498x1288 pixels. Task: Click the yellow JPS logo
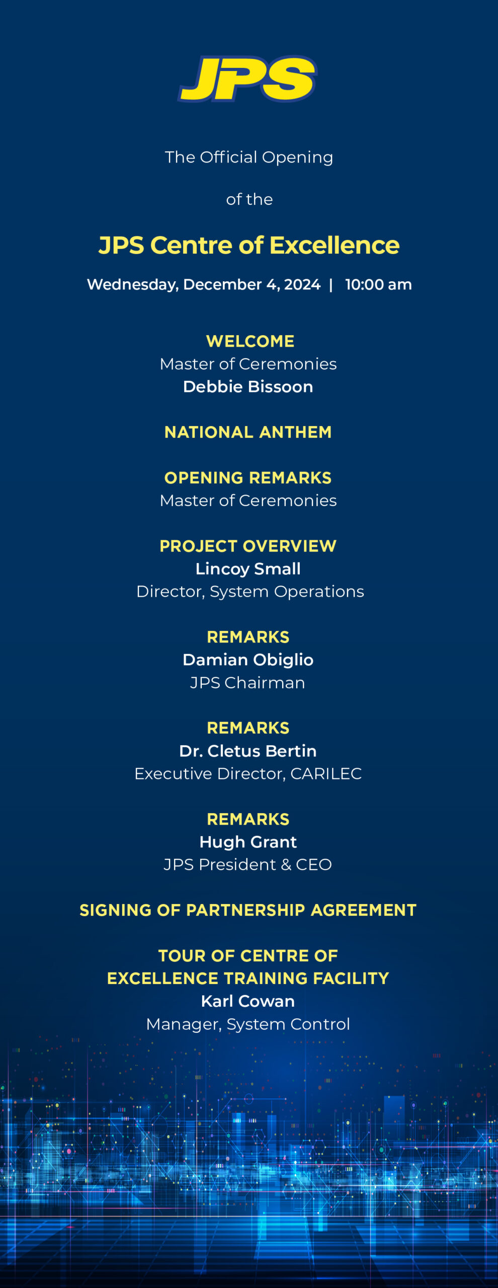(247, 79)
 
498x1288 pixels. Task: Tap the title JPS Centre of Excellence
(249, 246)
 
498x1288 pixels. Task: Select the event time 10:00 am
(378, 285)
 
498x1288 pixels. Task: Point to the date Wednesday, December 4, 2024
(204, 285)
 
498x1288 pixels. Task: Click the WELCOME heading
(250, 341)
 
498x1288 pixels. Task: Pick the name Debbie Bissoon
(248, 386)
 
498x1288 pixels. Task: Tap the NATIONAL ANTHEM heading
(248, 432)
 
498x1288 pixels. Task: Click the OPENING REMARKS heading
(248, 477)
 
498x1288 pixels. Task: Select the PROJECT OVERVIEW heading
(248, 546)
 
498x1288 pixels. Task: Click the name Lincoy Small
(248, 569)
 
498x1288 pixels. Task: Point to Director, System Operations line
(250, 592)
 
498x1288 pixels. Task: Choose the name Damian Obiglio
(248, 660)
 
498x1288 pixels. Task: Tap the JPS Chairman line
(247, 683)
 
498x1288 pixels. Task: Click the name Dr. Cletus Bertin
(248, 751)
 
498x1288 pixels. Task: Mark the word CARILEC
(326, 774)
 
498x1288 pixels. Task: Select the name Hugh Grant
(248, 842)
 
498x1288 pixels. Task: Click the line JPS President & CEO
(247, 864)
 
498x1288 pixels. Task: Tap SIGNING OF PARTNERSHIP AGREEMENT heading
(248, 910)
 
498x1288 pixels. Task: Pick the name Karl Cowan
(248, 1001)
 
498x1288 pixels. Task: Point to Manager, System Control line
(248, 1024)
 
